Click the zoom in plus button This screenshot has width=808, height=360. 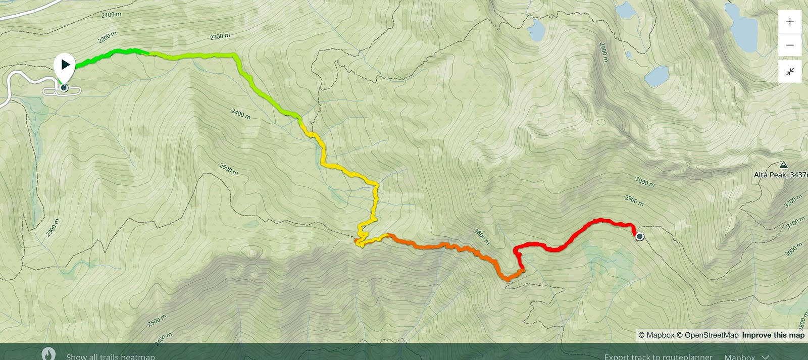(790, 22)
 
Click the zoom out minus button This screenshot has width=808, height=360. (790, 45)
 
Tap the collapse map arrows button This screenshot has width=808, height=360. (790, 71)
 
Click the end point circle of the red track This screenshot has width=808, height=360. (640, 236)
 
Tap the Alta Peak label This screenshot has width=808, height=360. (780, 175)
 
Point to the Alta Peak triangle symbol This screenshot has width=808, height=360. (783, 165)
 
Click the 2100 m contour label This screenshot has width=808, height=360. (112, 15)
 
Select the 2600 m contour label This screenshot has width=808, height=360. (229, 169)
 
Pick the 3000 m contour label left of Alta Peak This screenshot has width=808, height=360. (645, 182)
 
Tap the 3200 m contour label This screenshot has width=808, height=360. (793, 201)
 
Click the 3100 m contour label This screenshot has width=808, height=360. (795, 222)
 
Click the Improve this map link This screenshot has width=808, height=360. (773, 335)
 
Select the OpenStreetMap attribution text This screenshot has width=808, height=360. (708, 335)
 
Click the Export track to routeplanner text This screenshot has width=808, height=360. (658, 356)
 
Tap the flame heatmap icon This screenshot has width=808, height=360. (48, 354)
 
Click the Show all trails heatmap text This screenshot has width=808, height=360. (110, 356)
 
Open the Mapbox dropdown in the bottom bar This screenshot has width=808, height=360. (746, 356)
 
